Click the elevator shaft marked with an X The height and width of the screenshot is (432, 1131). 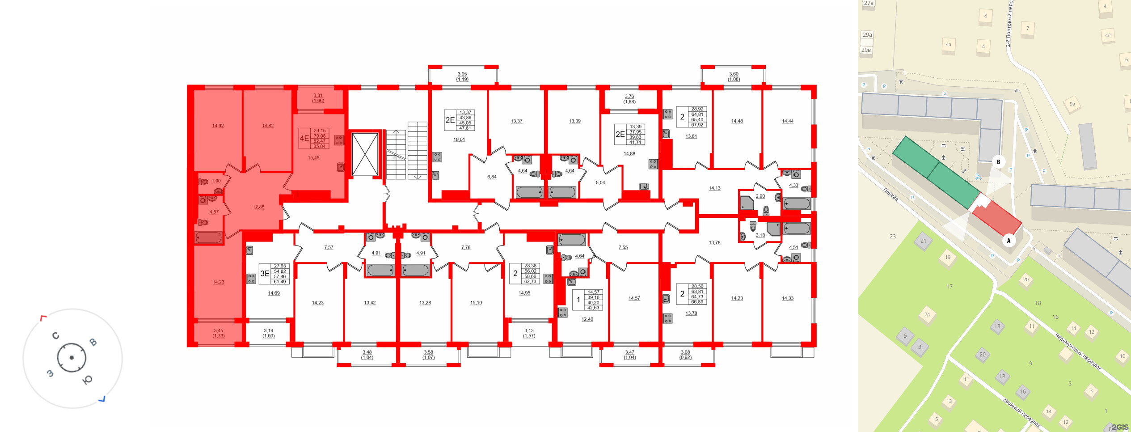point(365,154)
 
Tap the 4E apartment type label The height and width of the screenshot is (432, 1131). point(304,138)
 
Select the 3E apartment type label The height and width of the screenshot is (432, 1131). point(265,273)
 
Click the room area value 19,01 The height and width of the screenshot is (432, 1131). point(459,140)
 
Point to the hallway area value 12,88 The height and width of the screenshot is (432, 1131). point(258,207)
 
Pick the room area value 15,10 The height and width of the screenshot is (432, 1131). point(476,303)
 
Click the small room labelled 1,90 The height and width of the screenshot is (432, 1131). point(216,181)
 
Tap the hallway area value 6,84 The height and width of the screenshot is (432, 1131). point(492,177)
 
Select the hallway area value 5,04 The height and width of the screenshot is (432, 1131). point(600,182)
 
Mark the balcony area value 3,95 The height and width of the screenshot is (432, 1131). point(462,74)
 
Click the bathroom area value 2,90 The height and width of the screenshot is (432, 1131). point(760,196)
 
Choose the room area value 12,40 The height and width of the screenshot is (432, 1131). point(587,319)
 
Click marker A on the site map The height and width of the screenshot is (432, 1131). point(1009,241)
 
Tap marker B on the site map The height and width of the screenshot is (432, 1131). point(998,162)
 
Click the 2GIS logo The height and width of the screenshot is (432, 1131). point(1120,427)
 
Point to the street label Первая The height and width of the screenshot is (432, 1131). point(891,195)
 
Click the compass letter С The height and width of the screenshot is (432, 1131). point(56,336)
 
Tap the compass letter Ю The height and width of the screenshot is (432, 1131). point(88,380)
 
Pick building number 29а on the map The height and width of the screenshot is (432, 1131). point(867,35)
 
